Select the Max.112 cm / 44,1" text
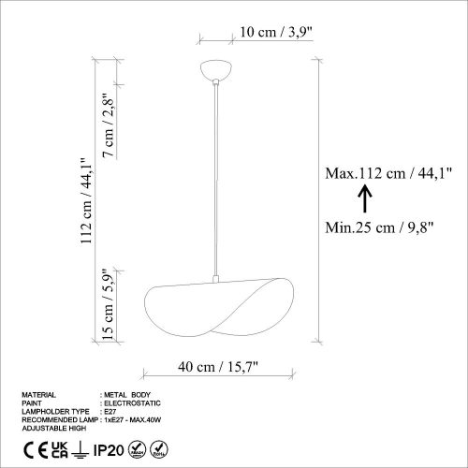coord(388,172)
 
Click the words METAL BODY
coord(127,395)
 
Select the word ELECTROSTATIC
coord(129,403)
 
